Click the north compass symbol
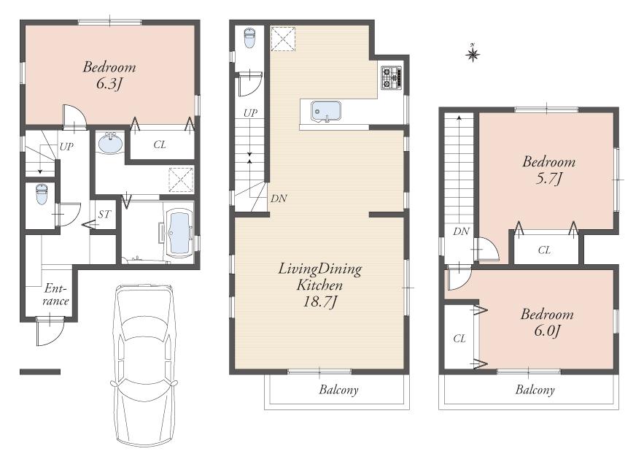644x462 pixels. tap(473, 53)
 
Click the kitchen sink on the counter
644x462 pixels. tap(326, 111)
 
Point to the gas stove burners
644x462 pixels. tap(390, 77)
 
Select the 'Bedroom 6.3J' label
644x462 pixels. tap(109, 75)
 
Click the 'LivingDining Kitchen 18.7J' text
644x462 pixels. tap(319, 285)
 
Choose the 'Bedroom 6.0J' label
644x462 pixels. tap(546, 323)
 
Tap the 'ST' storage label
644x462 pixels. tap(104, 215)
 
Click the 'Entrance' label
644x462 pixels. tap(55, 295)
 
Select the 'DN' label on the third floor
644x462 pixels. tap(460, 231)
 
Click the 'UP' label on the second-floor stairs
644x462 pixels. tap(250, 112)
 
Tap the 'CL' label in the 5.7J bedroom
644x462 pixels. tap(544, 250)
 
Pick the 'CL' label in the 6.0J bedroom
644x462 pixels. tap(459, 338)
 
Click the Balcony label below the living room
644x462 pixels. tap(338, 390)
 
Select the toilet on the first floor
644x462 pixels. tap(42, 195)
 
